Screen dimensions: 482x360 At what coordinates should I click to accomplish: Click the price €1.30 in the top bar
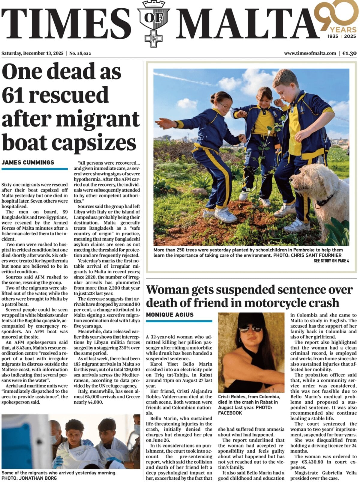coord(349,53)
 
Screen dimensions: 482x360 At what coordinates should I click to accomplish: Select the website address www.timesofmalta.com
coord(310,53)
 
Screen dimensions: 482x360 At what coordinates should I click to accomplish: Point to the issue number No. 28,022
coord(80,53)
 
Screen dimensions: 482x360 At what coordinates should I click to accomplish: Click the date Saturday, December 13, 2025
coord(32,53)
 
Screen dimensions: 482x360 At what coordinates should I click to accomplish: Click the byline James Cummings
coord(28,162)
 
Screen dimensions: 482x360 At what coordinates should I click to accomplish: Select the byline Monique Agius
coord(170,314)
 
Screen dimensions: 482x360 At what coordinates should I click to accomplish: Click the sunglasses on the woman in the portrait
coord(250,329)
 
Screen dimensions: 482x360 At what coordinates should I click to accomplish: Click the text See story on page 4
coord(331,261)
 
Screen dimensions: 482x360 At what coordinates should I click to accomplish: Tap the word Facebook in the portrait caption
coord(230,413)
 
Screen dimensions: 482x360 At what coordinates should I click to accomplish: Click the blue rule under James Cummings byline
coord(34,169)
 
